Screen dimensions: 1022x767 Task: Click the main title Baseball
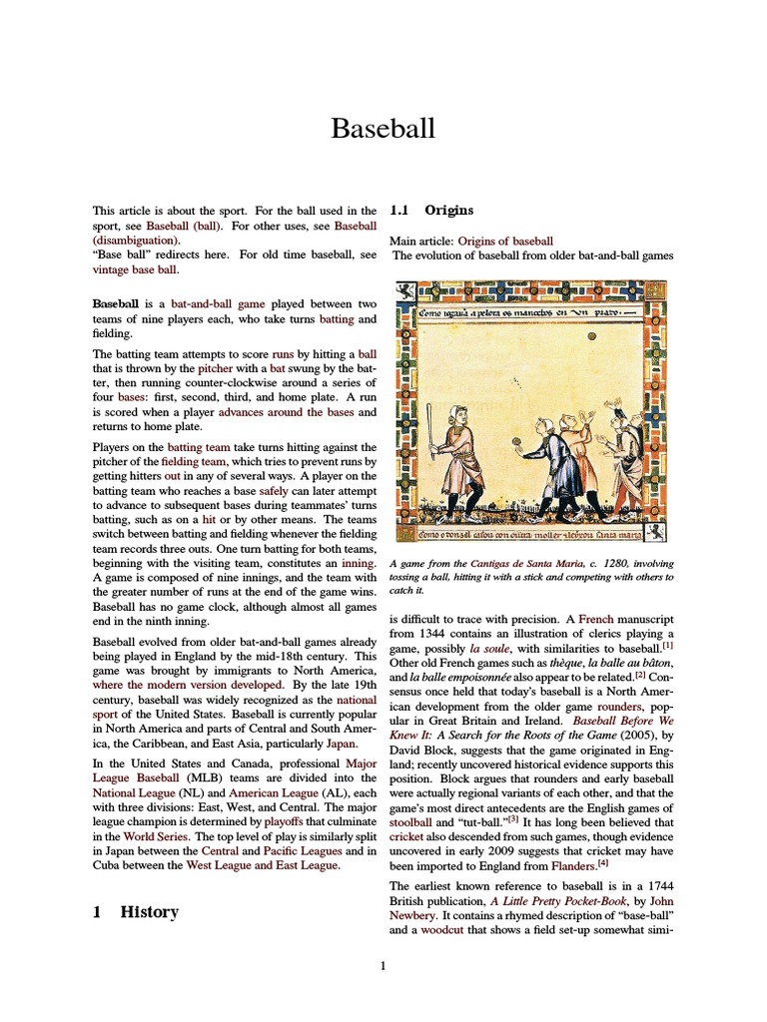point(383,128)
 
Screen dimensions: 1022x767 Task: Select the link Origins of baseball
point(505,241)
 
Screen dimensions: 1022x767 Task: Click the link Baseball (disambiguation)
point(137,240)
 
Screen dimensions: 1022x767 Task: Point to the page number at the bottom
point(383,965)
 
